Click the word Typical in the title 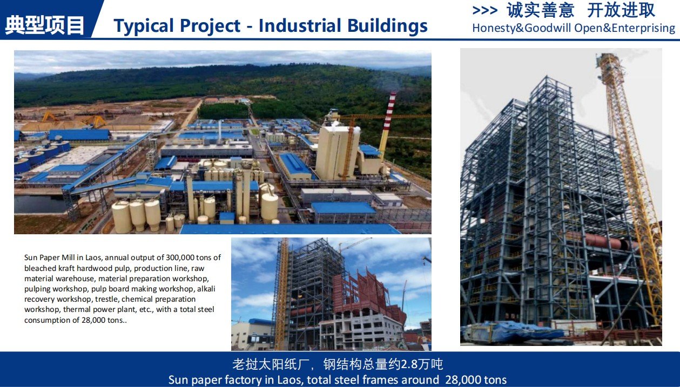[147, 26]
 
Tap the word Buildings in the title [387, 26]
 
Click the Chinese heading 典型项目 [45, 25]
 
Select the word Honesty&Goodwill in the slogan [522, 28]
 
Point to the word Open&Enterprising [625, 28]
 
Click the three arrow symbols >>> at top [485, 11]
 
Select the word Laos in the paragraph [93, 257]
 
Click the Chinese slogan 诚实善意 [540, 10]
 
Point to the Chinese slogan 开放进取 [621, 10]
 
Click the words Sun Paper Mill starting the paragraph [50, 257]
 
